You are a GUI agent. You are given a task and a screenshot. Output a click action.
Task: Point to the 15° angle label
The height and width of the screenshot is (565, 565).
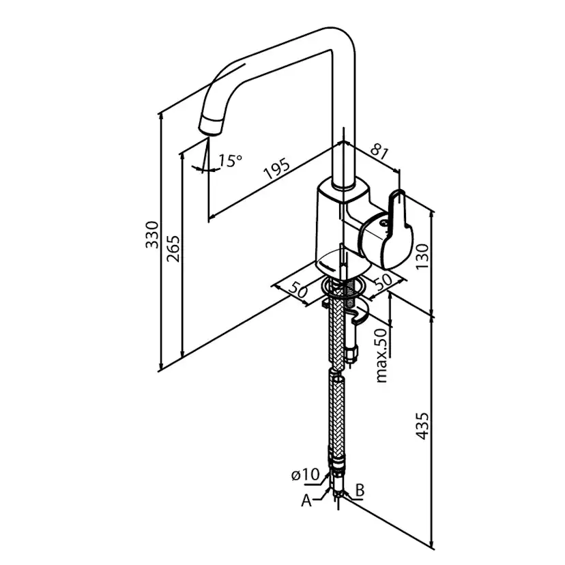click(230, 161)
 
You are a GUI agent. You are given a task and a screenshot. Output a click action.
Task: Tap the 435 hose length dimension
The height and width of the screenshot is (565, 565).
click(423, 425)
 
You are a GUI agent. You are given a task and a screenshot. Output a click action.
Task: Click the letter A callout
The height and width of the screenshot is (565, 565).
click(306, 501)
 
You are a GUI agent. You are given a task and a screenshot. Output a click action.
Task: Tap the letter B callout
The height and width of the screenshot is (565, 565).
click(360, 490)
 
